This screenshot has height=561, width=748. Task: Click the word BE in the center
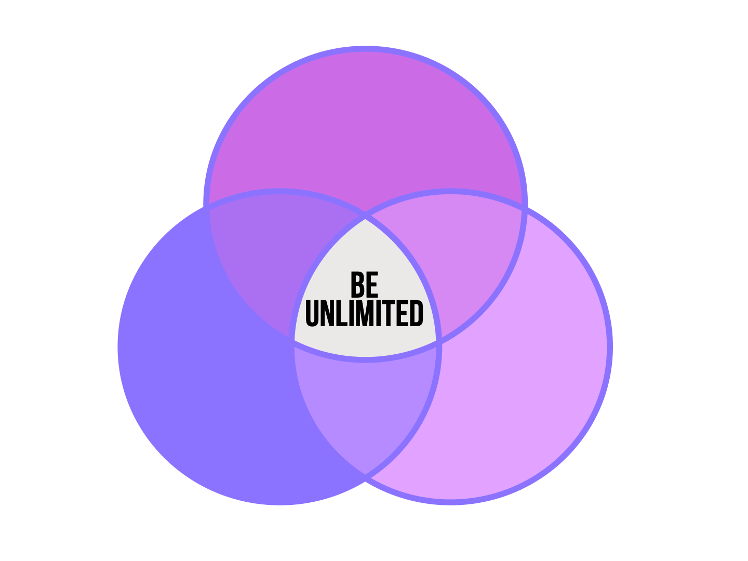point(365,285)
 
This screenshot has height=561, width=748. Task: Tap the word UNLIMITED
point(365,314)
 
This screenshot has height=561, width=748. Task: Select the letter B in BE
point(357,285)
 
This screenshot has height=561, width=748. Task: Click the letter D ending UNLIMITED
point(416,314)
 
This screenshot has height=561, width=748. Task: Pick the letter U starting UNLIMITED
point(312,314)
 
